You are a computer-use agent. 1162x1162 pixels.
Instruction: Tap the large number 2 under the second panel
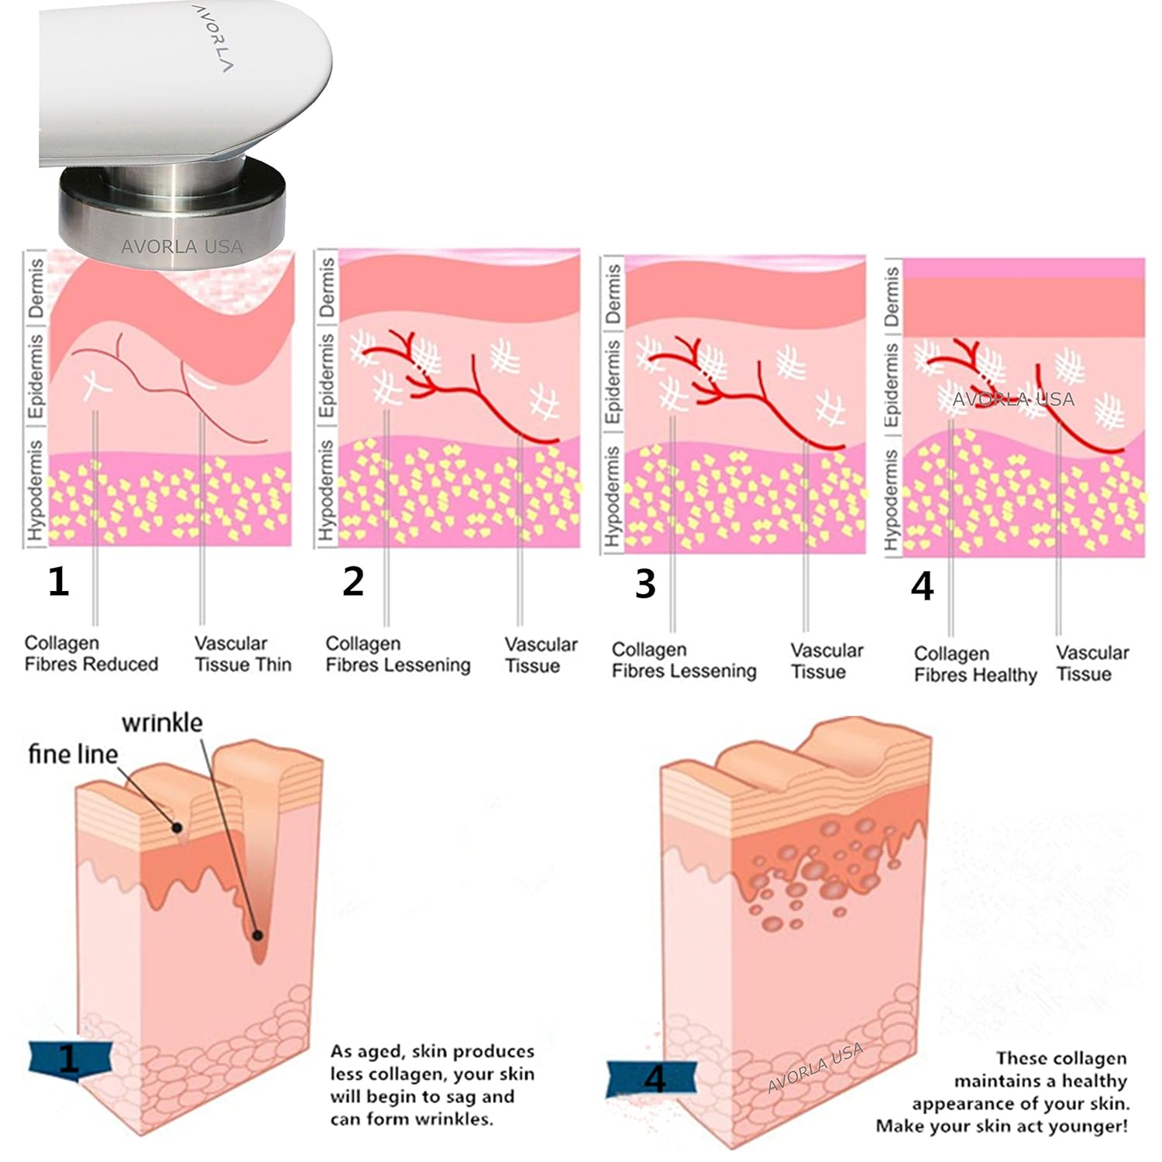click(x=353, y=582)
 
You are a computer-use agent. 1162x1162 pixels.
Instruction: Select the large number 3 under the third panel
click(x=645, y=584)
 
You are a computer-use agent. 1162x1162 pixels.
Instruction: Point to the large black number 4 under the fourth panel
click(x=922, y=586)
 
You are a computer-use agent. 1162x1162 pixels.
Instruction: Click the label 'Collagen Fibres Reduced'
click(x=91, y=654)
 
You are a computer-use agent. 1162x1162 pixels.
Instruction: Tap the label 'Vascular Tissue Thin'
click(x=242, y=654)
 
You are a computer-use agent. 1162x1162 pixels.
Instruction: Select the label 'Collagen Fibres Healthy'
click(x=975, y=665)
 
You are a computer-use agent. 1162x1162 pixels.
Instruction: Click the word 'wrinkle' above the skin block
click(x=162, y=723)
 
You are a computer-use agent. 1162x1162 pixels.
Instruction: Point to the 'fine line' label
click(x=73, y=754)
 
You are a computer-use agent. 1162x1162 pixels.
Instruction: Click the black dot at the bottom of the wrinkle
click(x=258, y=935)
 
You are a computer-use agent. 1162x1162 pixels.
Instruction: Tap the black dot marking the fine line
click(x=177, y=828)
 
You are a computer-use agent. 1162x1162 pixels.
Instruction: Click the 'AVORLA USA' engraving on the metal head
click(x=182, y=247)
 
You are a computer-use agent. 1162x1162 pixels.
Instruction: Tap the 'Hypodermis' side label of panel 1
click(x=36, y=491)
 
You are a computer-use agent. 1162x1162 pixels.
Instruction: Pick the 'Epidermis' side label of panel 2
click(x=327, y=376)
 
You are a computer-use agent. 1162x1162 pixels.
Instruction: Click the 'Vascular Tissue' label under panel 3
click(x=826, y=661)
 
